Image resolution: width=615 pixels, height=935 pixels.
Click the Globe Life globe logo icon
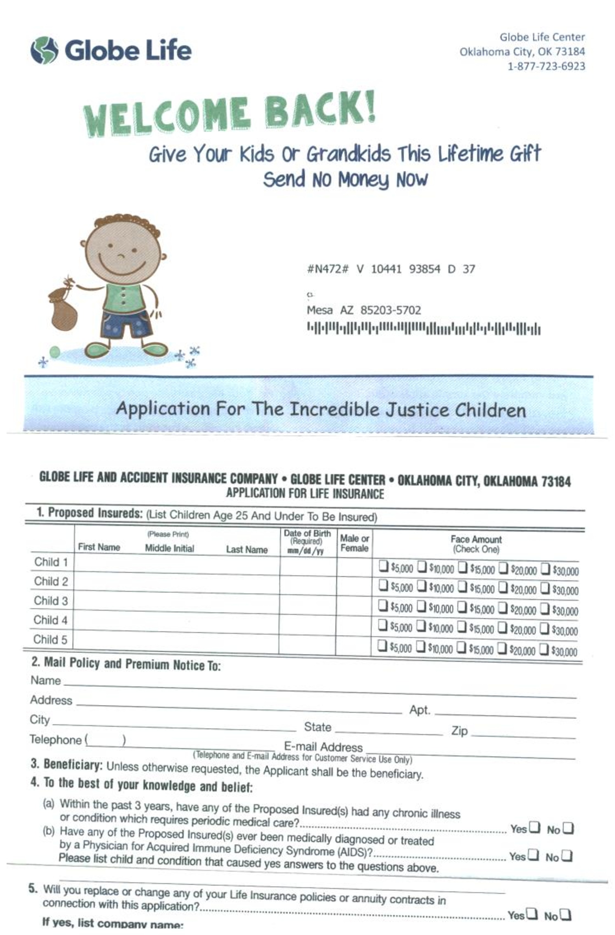coord(45,50)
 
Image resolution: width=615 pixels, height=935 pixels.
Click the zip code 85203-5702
coord(390,310)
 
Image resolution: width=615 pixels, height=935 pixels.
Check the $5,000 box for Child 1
coord(383,566)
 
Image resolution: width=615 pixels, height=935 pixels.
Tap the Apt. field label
coord(419,710)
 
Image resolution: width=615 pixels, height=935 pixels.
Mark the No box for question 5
coord(565,914)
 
